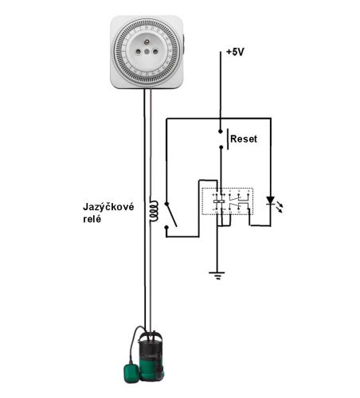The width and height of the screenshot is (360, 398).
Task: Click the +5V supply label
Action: tap(235, 52)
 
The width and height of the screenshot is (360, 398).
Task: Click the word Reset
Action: tap(244, 139)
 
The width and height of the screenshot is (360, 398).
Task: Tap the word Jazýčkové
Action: tap(108, 206)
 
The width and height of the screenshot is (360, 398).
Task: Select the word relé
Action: tap(92, 219)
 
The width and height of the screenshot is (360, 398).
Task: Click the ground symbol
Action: tap(217, 275)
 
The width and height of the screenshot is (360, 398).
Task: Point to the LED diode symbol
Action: tap(270, 201)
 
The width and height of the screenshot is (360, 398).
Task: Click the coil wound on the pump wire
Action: tap(154, 212)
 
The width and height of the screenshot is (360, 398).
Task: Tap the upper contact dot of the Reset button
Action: tap(220, 131)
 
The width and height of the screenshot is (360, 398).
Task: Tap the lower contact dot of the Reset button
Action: tap(221, 147)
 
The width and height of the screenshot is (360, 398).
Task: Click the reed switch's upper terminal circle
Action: tap(166, 204)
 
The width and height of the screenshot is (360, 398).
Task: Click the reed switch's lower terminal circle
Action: tap(166, 228)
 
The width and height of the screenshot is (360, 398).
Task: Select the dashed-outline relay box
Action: tap(228, 201)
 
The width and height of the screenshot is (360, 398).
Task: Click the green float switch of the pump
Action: tap(131, 373)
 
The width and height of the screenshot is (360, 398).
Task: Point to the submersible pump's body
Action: tap(151, 356)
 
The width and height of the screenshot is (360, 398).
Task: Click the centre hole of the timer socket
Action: tap(147, 52)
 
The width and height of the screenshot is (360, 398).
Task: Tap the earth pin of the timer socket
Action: tap(147, 42)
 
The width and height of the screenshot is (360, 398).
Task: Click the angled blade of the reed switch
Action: tap(172, 216)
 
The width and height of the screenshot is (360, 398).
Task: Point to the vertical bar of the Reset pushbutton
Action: tap(228, 139)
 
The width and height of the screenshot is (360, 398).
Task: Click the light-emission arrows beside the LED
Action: tap(279, 207)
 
